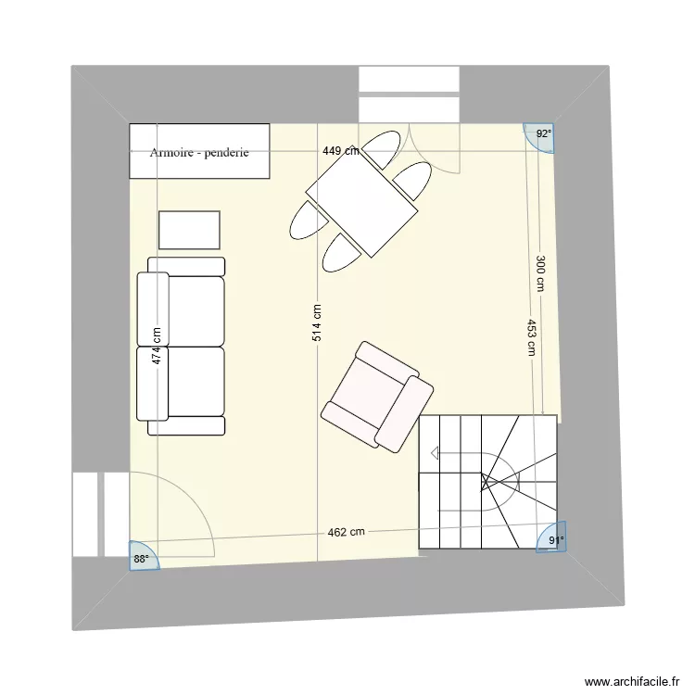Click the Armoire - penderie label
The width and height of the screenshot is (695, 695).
pyautogui.click(x=199, y=152)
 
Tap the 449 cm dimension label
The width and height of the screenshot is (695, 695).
pyautogui.click(x=341, y=151)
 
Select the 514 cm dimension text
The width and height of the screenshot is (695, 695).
pyautogui.click(x=317, y=323)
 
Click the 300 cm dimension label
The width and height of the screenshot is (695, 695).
pyautogui.click(x=538, y=273)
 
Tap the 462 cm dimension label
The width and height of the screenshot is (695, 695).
pyautogui.click(x=346, y=532)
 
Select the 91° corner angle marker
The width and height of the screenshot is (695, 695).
pyautogui.click(x=552, y=541)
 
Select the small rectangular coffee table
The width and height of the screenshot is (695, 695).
pyautogui.click(x=189, y=230)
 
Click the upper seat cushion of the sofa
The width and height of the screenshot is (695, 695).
pyautogui.click(x=195, y=310)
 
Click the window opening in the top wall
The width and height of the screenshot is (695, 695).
pyautogui.click(x=410, y=94)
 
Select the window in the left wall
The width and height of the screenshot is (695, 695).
pyautogui.click(x=98, y=514)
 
